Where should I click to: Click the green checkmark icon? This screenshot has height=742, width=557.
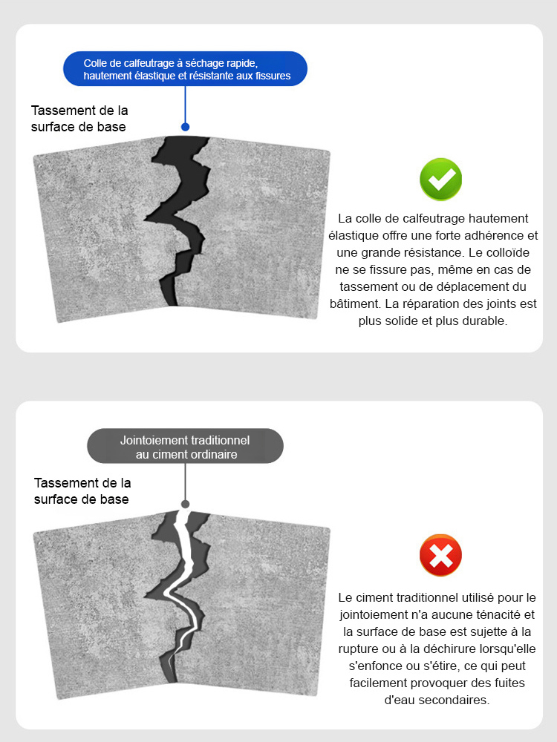coord(441,180)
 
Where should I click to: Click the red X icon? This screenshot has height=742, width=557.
coord(440,556)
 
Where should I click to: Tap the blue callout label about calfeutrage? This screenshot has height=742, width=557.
coord(185,69)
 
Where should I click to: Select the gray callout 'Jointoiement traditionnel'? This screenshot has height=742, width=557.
coord(185,447)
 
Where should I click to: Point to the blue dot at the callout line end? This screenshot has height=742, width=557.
coord(185,127)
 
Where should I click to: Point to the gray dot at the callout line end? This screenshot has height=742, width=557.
coord(185,504)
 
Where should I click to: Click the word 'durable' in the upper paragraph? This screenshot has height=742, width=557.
coord(486,321)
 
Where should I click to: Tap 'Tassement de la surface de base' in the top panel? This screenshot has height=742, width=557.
coord(79,119)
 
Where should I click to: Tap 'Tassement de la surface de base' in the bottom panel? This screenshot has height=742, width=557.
coord(82,491)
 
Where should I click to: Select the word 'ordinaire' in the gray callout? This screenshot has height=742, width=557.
coord(212,454)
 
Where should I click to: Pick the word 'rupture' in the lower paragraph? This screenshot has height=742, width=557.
coord(362,649)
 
